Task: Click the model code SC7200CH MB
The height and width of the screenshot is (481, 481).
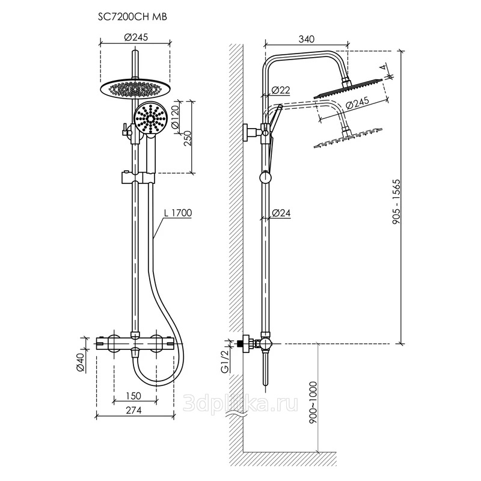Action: point(132,17)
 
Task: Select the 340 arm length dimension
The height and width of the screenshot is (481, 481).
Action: point(306,39)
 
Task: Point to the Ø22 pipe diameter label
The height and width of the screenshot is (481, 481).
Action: point(281,90)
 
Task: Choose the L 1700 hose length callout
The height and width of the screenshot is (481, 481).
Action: point(177,213)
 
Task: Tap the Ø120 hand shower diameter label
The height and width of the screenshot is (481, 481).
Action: point(175,118)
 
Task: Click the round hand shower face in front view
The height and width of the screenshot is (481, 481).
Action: point(150,118)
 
